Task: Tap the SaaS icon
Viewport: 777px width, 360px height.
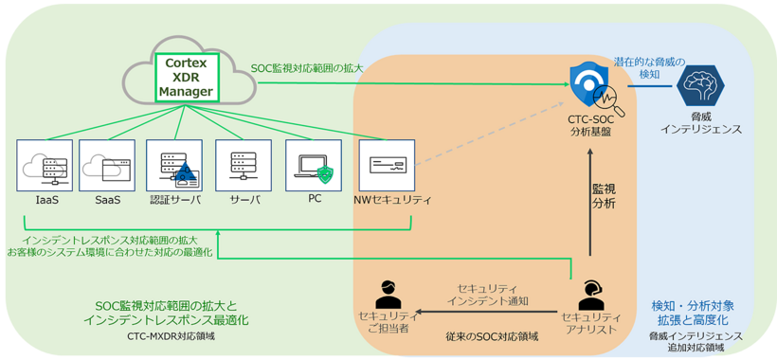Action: coord(106,167)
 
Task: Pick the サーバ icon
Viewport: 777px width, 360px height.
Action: coord(244,167)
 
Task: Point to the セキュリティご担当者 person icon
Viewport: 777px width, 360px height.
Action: coord(387,295)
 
